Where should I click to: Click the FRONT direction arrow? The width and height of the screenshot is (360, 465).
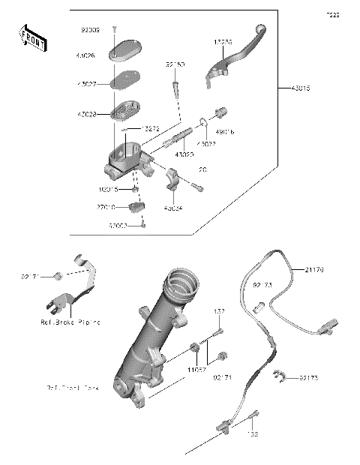[32, 38]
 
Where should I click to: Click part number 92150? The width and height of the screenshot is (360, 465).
[175, 65]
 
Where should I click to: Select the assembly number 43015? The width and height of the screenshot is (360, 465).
[301, 88]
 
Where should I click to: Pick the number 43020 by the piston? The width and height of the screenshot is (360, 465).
[184, 154]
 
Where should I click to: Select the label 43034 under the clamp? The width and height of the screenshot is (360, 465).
[173, 208]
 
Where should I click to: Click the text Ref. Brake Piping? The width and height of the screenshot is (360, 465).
[70, 322]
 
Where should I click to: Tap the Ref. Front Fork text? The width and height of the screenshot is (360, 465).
[73, 388]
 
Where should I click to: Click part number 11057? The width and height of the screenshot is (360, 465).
[197, 369]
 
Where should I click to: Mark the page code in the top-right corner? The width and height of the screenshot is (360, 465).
[332, 14]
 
